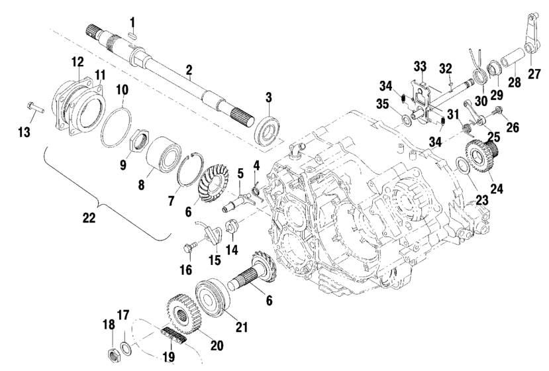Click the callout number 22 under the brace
pyautogui.click(x=89, y=218)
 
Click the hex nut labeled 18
pyautogui.click(x=113, y=356)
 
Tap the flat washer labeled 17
pyautogui.click(x=125, y=348)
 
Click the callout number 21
pyautogui.click(x=242, y=327)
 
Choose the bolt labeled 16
pyautogui.click(x=191, y=247)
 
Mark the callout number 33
pyautogui.click(x=420, y=66)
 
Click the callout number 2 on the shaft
pyautogui.click(x=189, y=70)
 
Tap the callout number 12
pyautogui.click(x=77, y=62)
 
